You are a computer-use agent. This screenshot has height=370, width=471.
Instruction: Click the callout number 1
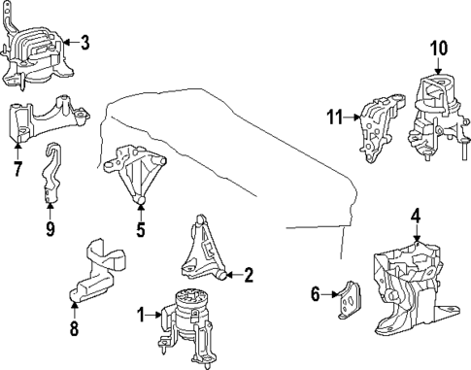pos(141,314)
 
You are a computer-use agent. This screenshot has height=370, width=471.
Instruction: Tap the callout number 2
pos(249,276)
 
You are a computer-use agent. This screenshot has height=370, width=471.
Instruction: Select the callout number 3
pos(84,42)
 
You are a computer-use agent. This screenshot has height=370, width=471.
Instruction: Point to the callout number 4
pos(415,215)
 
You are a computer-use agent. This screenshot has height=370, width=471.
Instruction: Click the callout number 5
pos(140,230)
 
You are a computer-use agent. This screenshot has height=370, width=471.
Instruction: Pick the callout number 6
pos(315,291)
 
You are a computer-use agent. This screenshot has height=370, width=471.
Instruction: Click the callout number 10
pos(438,47)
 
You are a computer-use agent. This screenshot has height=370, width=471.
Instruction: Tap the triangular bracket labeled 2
pos(207,251)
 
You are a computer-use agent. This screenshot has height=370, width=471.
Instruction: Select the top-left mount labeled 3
pos(37,53)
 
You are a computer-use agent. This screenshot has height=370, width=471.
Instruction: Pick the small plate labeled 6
pos(345,299)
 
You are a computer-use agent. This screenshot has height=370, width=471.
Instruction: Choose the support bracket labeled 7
pos(44,120)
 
